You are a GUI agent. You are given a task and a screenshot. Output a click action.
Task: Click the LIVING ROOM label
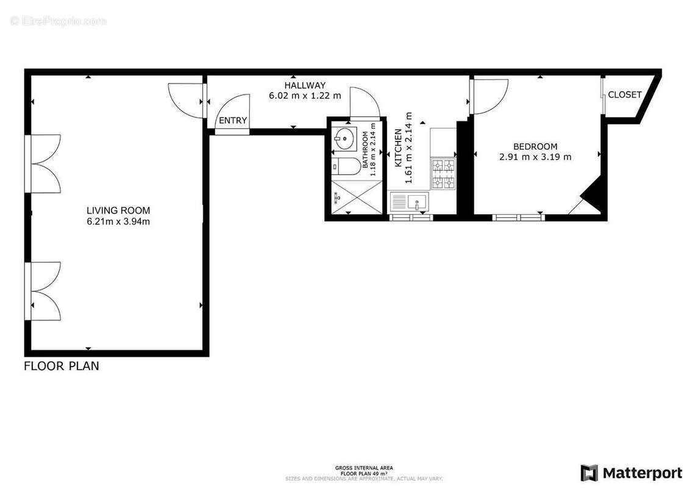pos(118,210)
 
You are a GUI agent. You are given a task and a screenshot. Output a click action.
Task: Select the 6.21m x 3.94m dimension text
pos(118,221)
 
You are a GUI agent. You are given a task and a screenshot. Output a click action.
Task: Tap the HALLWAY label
pos(305,85)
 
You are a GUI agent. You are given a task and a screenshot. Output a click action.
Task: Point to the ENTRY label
pos(233,121)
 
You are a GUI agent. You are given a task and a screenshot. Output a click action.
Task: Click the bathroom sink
pos(345,138)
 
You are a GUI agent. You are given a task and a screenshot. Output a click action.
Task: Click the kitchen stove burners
pos(443,173)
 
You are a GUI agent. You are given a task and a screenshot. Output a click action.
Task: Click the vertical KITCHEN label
pos(398,148)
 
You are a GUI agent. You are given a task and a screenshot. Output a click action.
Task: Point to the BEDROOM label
pos(535,146)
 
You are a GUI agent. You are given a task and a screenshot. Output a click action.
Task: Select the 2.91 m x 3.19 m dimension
pos(535,157)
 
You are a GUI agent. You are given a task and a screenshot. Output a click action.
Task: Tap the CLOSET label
pos(625,95)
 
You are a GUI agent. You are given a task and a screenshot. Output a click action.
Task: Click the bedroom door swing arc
pos(492,96)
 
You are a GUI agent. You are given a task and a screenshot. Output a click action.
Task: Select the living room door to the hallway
pos(185,100)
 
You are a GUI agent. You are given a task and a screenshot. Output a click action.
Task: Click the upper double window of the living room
pos(44,163)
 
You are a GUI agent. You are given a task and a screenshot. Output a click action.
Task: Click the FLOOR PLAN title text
pos(61,367)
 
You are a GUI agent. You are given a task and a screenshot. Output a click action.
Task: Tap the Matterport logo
pos(631,473)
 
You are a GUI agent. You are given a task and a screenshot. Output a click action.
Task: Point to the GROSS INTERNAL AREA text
pos(364,468)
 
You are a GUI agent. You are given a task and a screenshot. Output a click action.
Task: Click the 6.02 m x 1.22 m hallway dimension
pos(305,96)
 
